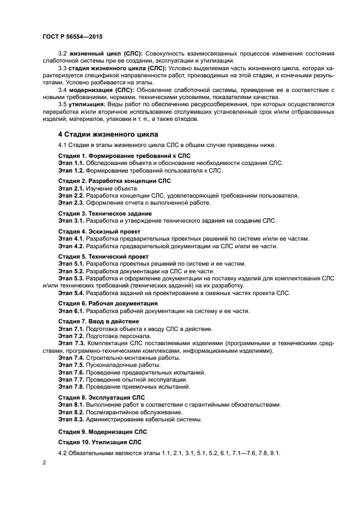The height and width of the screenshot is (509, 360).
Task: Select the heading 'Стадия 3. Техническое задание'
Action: click(105, 213)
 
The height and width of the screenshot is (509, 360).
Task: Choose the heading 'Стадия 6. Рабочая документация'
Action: click(108, 303)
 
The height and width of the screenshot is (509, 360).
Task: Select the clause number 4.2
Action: click(63, 453)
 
